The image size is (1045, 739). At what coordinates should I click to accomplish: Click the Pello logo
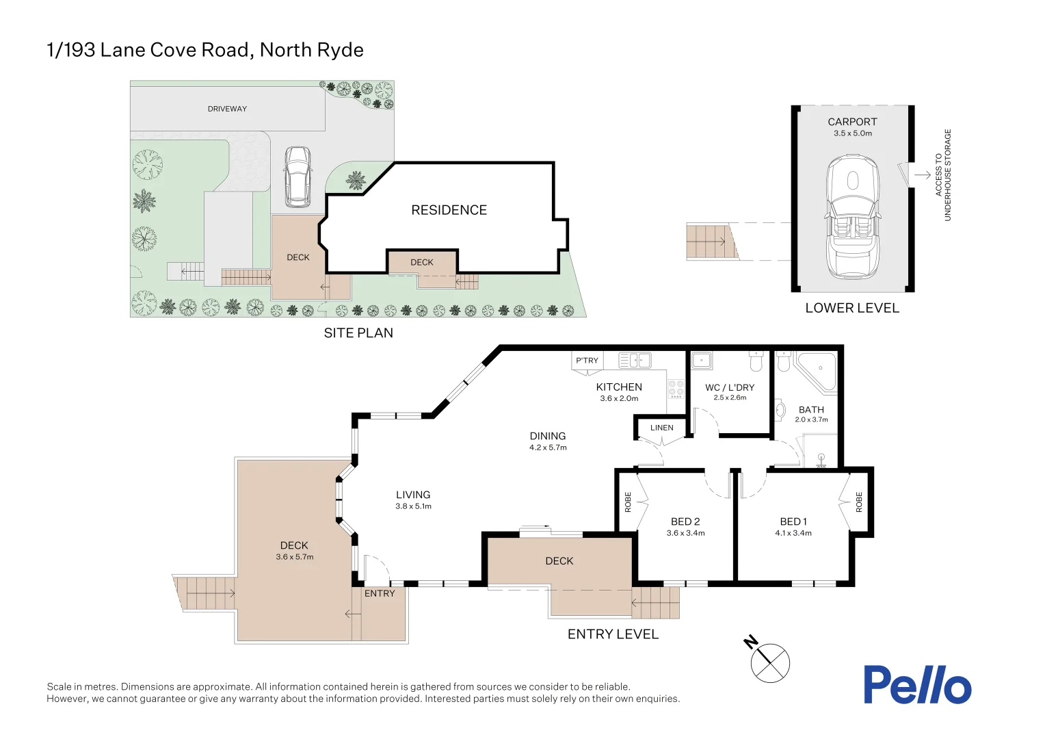916,685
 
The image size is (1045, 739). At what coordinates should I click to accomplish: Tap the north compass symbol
770,662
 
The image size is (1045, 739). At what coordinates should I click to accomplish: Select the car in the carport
852,218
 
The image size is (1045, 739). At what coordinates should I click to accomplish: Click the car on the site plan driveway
297,177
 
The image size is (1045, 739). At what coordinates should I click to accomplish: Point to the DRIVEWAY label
227,109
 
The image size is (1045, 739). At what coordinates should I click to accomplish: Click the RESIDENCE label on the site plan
449,210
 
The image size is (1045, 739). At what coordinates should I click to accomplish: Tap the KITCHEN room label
619,387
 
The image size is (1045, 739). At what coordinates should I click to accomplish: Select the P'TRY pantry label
587,361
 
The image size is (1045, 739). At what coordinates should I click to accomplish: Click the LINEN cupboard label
661,428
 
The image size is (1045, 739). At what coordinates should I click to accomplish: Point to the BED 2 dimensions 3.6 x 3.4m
685,533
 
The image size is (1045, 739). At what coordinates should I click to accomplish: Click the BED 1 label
793,521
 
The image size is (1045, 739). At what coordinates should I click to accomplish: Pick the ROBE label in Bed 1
859,502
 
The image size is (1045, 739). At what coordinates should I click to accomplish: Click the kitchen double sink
635,360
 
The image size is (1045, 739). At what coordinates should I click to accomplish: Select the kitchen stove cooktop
676,389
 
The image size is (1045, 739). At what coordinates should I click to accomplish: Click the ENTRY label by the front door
380,593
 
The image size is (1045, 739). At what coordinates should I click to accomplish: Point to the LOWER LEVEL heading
851,308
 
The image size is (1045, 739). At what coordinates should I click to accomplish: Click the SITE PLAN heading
358,333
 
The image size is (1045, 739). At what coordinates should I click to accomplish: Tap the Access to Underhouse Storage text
943,175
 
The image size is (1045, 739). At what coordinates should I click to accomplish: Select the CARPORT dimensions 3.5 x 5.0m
852,133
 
